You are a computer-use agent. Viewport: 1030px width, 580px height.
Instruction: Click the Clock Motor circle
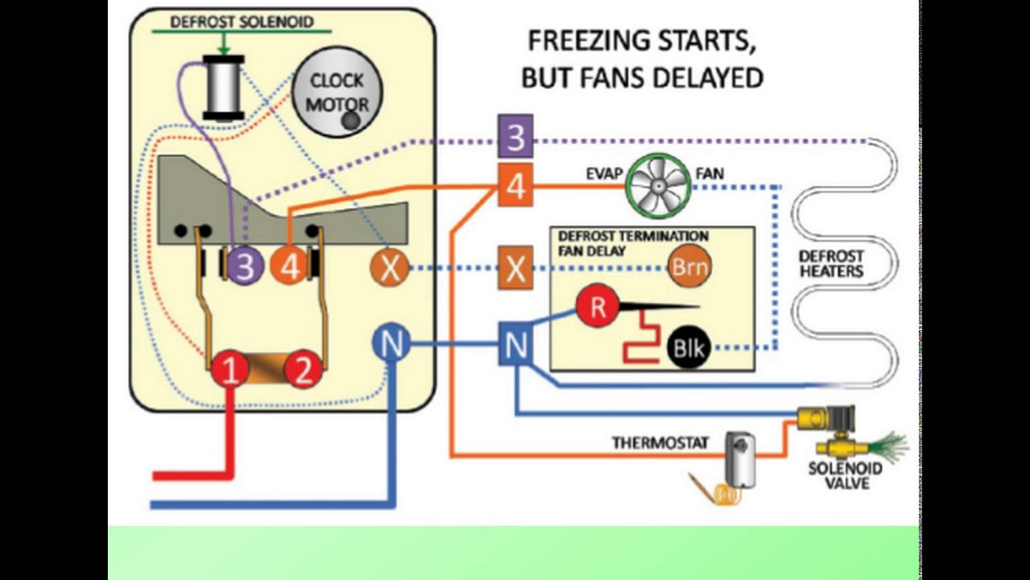[337, 92]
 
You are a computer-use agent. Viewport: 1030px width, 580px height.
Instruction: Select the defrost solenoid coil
[223, 88]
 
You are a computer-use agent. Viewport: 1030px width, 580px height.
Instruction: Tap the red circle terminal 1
[230, 371]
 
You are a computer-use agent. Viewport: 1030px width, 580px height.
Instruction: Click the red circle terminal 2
[303, 371]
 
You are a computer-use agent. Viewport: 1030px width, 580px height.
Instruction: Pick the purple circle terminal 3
[245, 266]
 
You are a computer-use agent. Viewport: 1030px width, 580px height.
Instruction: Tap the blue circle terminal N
[391, 345]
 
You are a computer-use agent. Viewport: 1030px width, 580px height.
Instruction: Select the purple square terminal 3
[515, 138]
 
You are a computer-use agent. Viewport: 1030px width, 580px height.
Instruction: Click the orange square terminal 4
[515, 185]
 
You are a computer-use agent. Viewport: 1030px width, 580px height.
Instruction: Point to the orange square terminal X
[515, 267]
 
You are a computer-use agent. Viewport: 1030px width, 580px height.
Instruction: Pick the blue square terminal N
[515, 345]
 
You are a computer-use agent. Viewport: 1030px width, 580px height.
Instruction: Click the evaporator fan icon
[659, 187]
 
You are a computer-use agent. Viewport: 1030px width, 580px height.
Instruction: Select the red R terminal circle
[597, 306]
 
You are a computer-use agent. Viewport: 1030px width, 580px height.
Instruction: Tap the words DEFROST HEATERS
[830, 263]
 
